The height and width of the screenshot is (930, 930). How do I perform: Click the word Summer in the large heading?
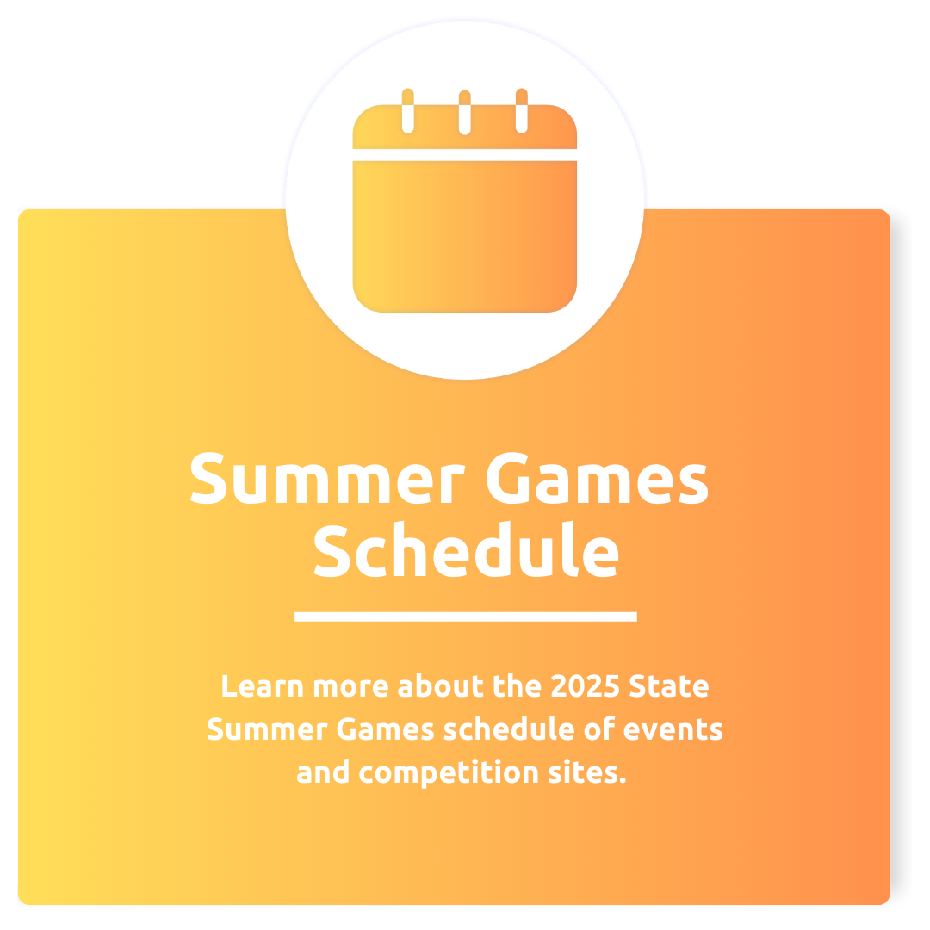click(x=327, y=478)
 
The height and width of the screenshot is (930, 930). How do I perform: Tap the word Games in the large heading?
click(x=598, y=478)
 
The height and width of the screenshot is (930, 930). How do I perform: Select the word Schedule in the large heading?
click(x=467, y=549)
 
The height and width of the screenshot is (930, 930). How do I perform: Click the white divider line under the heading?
click(x=466, y=617)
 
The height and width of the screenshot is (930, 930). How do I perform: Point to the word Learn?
click(x=262, y=686)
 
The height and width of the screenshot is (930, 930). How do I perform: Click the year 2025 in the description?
click(x=585, y=686)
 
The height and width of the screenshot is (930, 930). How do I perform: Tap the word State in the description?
click(x=669, y=686)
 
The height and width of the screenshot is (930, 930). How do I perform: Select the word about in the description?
click(x=441, y=686)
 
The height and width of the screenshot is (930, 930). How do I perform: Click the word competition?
click(x=449, y=772)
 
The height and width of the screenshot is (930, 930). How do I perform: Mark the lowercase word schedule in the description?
click(x=509, y=729)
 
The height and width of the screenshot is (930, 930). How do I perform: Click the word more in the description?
click(x=350, y=687)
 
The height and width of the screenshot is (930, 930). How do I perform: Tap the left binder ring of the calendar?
click(x=408, y=111)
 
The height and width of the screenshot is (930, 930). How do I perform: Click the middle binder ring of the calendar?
click(x=465, y=112)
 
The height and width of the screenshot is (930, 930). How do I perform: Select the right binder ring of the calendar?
click(x=522, y=111)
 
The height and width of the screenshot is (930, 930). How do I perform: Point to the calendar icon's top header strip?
click(x=465, y=127)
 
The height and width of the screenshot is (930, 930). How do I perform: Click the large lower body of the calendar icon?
click(x=465, y=236)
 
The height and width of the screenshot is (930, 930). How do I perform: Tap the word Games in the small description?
click(x=386, y=729)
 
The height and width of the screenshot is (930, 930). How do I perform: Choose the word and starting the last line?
click(x=323, y=772)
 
